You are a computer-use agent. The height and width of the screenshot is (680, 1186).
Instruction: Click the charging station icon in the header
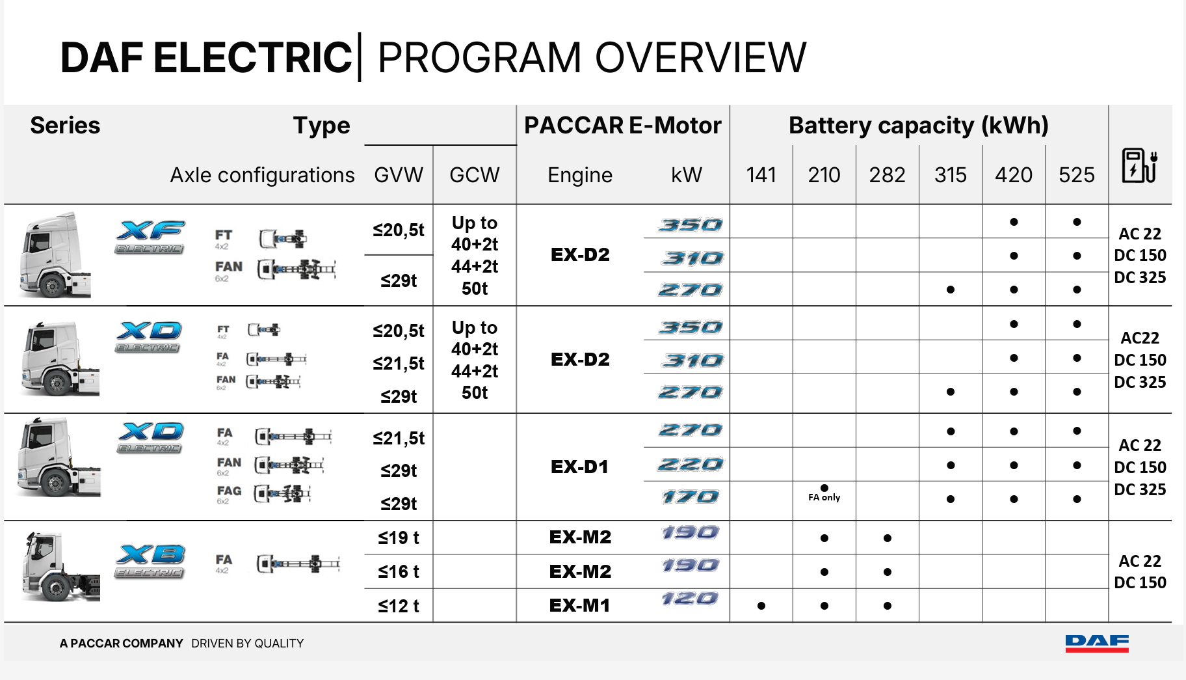coord(1139,165)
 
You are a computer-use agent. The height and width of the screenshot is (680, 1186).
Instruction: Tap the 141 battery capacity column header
coord(761,175)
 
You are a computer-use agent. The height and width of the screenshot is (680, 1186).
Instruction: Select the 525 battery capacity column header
coord(1076,175)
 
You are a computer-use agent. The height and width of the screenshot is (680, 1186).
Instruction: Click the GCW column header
coord(474,175)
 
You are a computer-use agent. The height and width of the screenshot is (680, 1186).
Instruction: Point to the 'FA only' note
coord(824,497)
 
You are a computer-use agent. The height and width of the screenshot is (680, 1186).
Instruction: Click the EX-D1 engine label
coord(579,467)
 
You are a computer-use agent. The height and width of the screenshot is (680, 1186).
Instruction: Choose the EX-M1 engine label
coord(579,605)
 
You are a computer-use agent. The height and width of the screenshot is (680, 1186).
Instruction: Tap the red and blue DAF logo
coord(1097,643)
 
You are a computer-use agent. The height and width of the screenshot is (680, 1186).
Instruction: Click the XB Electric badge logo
coord(150,561)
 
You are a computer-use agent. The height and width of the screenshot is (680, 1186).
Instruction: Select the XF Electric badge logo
coord(150,237)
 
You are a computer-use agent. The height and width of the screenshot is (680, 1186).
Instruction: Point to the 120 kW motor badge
coord(689,598)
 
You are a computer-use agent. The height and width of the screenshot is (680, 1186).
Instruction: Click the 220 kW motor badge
coord(690,464)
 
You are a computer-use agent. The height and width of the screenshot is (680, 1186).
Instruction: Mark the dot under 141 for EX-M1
coord(761,606)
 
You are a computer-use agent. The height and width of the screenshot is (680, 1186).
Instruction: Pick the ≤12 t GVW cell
coord(399,606)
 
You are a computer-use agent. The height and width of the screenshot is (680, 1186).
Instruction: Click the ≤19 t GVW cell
coord(399,537)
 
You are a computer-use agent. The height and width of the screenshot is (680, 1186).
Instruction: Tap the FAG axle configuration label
coord(229,491)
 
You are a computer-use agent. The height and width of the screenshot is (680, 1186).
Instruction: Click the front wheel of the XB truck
coord(56,588)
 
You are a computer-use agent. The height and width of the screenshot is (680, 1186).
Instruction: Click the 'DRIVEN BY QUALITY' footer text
coord(247,644)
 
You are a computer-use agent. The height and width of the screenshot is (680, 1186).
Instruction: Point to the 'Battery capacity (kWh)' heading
coord(918,125)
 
